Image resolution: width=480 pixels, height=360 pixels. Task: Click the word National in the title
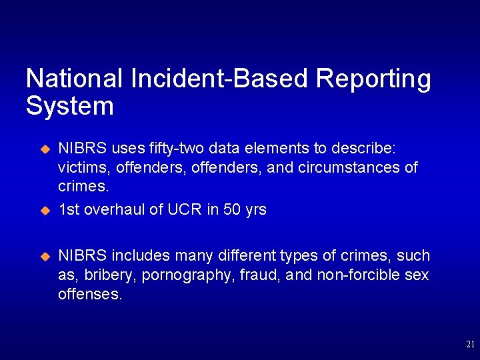click(74, 79)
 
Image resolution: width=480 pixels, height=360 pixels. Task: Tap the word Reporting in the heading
click(373, 79)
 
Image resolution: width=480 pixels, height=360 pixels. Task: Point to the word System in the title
click(69, 106)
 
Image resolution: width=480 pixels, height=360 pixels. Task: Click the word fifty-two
click(177, 147)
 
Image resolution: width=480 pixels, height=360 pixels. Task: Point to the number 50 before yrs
click(231, 209)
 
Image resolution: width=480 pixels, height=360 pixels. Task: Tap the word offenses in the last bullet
click(90, 294)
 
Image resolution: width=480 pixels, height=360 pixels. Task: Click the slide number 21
click(469, 345)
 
